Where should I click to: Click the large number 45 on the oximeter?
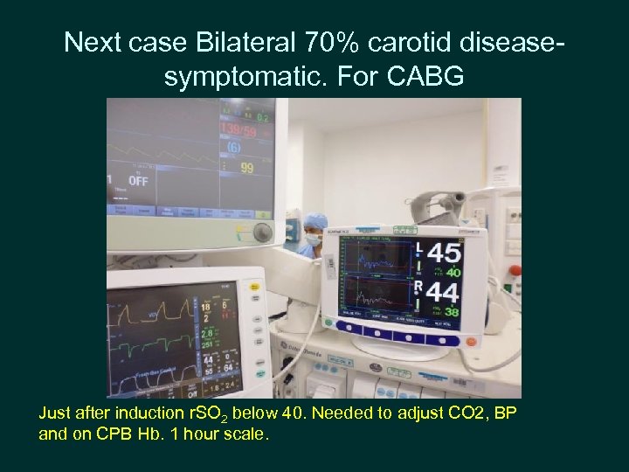[443, 253]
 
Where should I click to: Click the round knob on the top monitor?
[261, 232]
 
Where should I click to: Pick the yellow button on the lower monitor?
[255, 288]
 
